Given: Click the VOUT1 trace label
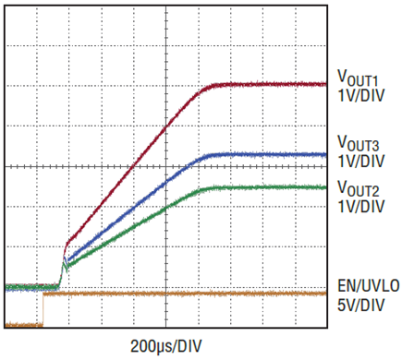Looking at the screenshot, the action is pyautogui.click(x=358, y=78).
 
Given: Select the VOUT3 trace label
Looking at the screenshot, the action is pyautogui.click(x=358, y=143).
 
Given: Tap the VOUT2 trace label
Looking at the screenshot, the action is pyautogui.click(x=358, y=188).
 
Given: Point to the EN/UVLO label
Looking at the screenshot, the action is pyautogui.click(x=369, y=286).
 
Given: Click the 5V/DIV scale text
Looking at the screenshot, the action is pyautogui.click(x=361, y=306).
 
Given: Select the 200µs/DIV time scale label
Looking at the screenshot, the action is pyautogui.click(x=166, y=346).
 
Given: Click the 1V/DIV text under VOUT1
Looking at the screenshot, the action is pyautogui.click(x=361, y=96).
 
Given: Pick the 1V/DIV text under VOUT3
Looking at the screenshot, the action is pyautogui.click(x=361, y=162).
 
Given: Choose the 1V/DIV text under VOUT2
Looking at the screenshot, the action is pyautogui.click(x=361, y=207).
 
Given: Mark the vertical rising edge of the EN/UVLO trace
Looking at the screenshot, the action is pyautogui.click(x=43, y=309).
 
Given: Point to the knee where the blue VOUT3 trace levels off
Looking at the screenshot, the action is pyautogui.click(x=206, y=156).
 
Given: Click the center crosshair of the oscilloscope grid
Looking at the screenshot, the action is pyautogui.click(x=166, y=167).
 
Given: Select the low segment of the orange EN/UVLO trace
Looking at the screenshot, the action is pyautogui.click(x=24, y=324).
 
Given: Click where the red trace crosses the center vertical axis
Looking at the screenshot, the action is pyautogui.click(x=166, y=126).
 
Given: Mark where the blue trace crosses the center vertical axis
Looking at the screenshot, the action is pyautogui.click(x=166, y=183).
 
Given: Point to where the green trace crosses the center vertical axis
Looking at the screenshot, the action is pyautogui.click(x=166, y=208).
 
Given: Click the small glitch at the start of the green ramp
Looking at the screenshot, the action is pyautogui.click(x=66, y=265).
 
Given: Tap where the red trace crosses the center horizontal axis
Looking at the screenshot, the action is pyautogui.click(x=132, y=167).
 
